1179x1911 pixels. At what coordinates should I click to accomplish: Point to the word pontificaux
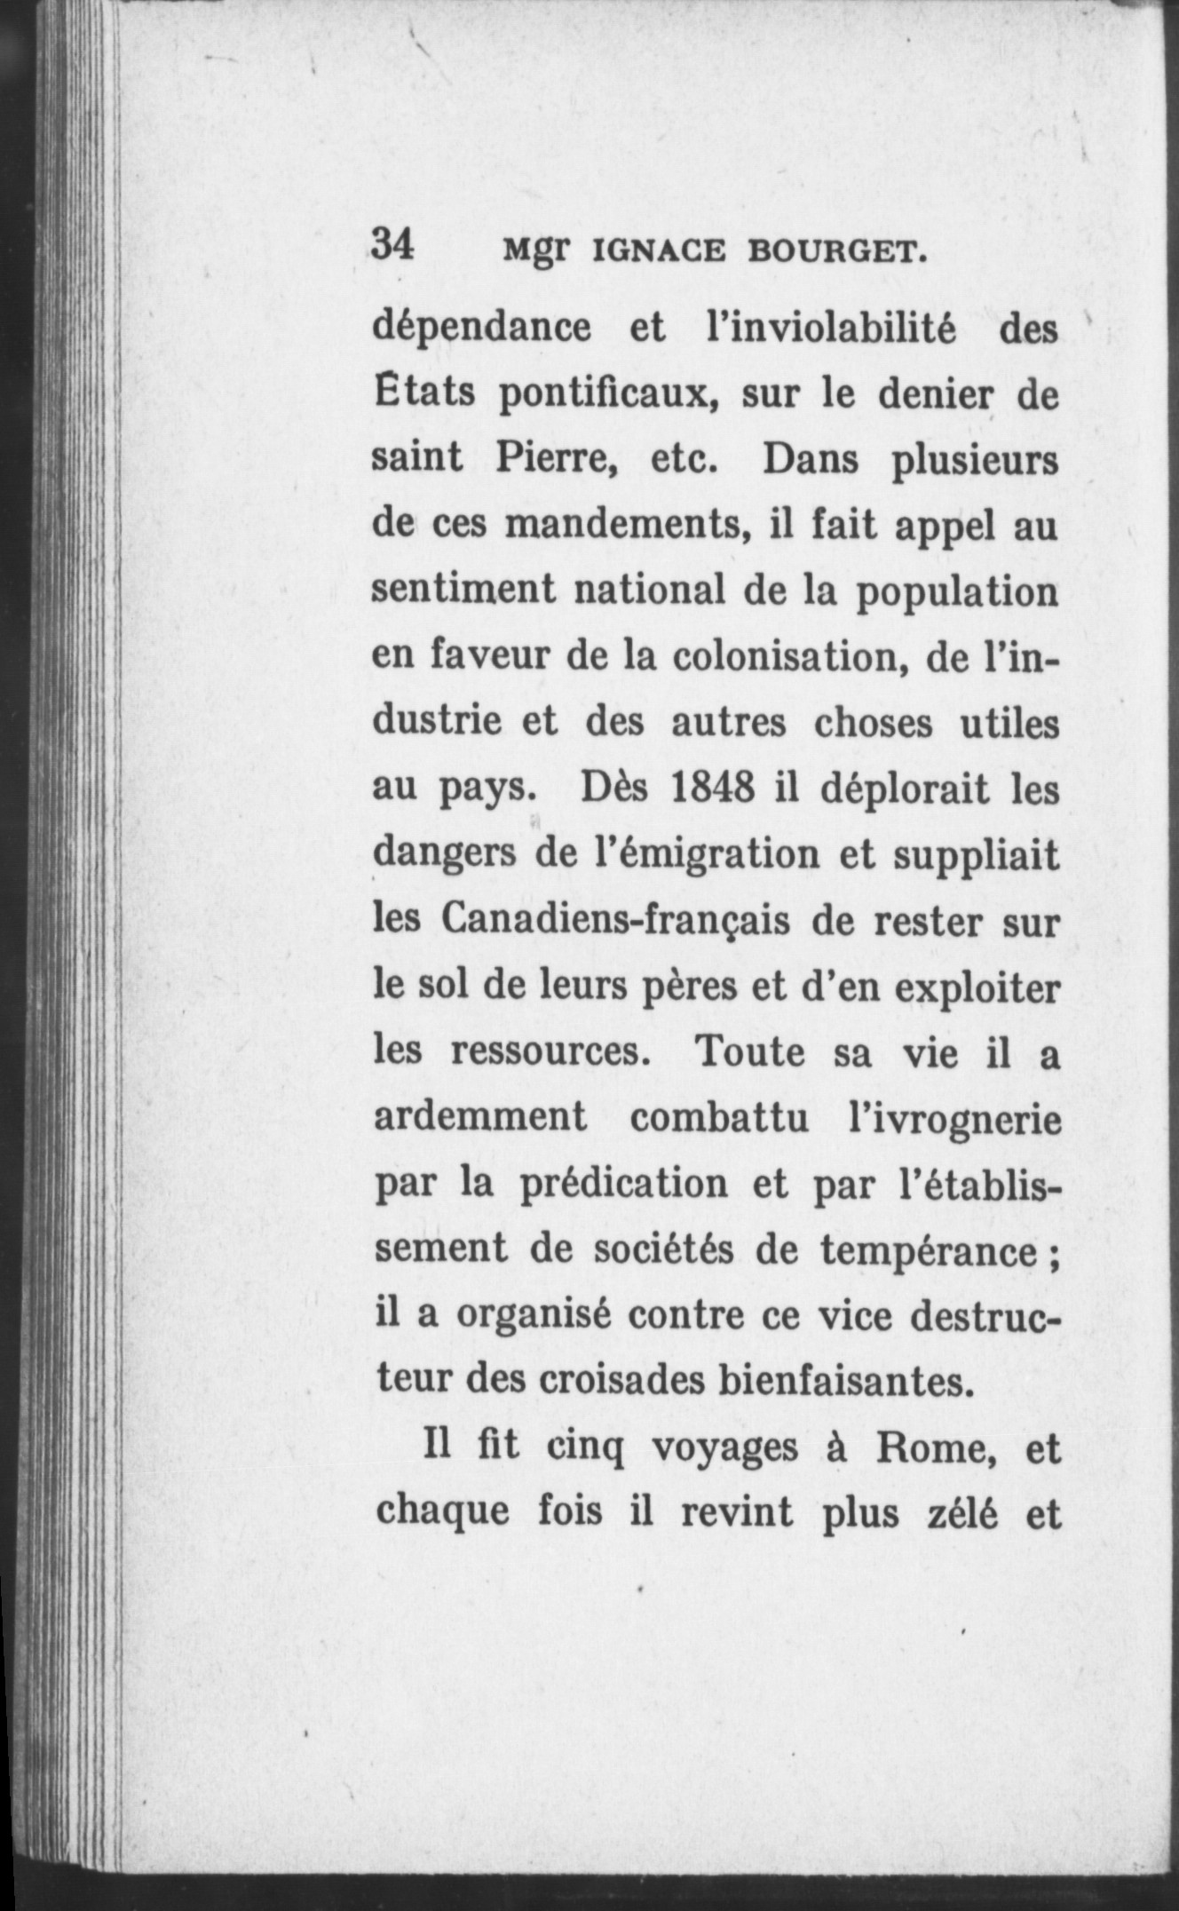click(x=607, y=394)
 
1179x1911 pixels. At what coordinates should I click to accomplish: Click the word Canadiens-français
click(x=615, y=920)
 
